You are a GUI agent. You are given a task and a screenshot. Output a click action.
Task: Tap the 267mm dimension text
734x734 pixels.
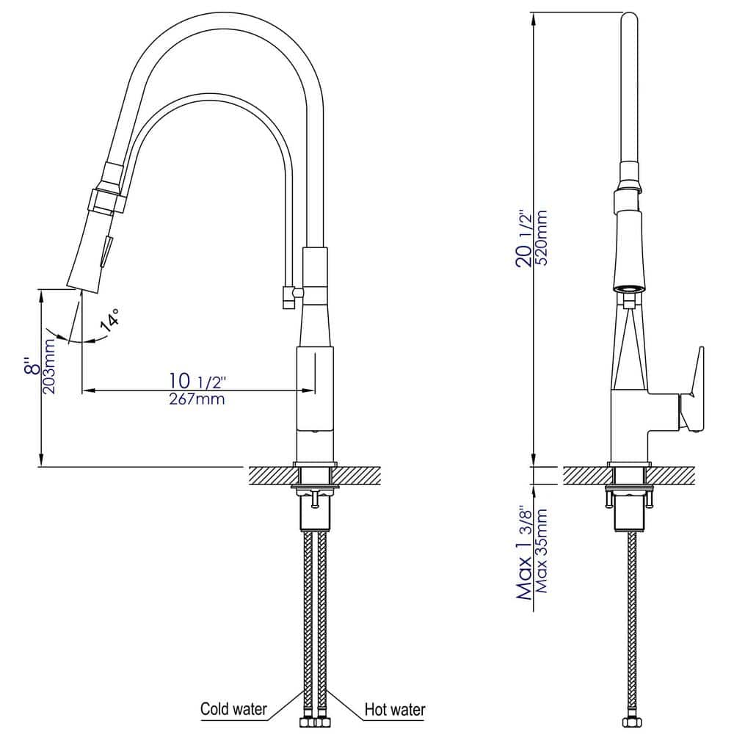pyautogui.click(x=197, y=399)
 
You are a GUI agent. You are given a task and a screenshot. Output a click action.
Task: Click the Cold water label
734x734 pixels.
pyautogui.click(x=233, y=710)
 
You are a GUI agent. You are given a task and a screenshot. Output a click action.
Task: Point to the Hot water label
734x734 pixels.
pyautogui.click(x=394, y=710)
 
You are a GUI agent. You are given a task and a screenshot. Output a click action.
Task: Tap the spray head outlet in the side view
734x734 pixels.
pyautogui.click(x=629, y=289)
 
